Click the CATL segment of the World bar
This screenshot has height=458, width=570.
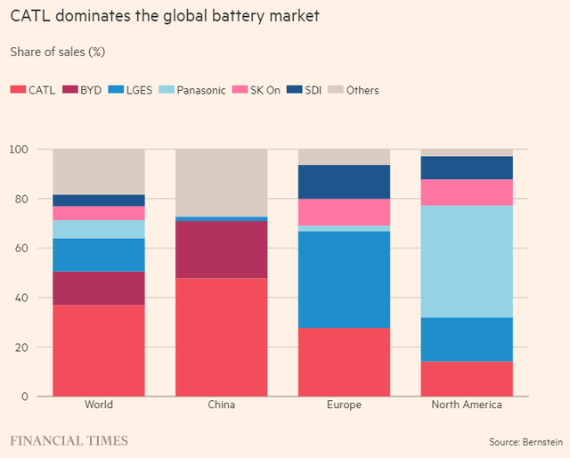(x=99, y=350)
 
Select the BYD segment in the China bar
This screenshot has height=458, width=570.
(x=221, y=249)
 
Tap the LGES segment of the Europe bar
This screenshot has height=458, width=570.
(x=344, y=280)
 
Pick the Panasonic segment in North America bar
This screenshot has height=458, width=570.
(x=467, y=261)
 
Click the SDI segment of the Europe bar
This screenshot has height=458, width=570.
(x=344, y=182)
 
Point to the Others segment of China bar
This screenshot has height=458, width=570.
(x=221, y=183)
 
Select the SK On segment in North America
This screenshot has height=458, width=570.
(x=467, y=192)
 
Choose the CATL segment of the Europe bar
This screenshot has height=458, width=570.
(x=344, y=362)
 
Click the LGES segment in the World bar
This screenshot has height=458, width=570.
(x=99, y=255)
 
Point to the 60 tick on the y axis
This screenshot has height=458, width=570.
(x=19, y=248)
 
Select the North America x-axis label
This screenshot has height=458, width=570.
(x=467, y=405)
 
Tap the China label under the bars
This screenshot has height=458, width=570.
(x=221, y=405)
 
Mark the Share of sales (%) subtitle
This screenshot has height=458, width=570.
(x=58, y=52)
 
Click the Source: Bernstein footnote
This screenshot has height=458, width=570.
(x=525, y=442)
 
